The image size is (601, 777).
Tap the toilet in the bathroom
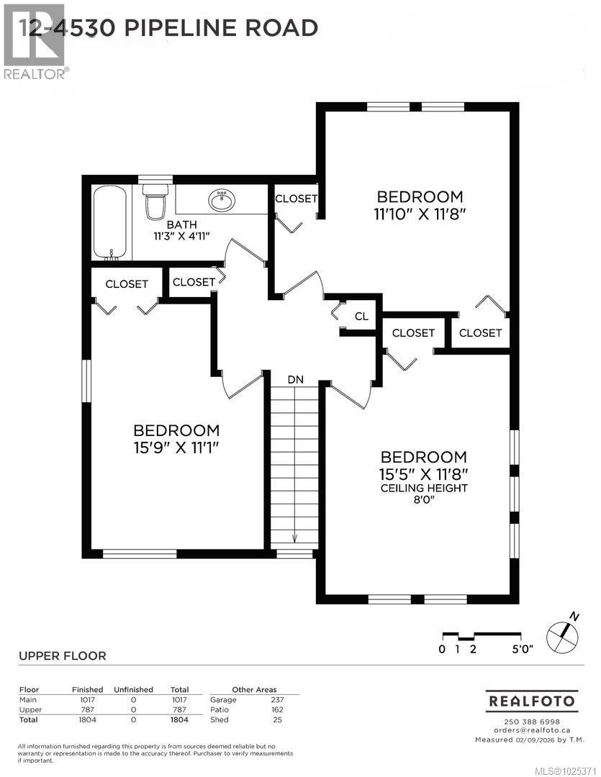coord(154,201)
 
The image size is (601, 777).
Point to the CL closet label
coord(361,317)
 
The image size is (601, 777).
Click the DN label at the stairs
coord(295,379)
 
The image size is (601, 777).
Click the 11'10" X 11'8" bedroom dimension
coord(420,214)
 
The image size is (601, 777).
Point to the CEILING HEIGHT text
coord(424,489)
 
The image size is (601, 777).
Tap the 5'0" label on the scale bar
coord(521,649)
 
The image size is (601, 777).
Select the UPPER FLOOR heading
coord(62,656)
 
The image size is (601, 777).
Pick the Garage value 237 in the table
coord(277,699)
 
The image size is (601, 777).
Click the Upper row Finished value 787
coord(87,709)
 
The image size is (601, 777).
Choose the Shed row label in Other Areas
coord(219,719)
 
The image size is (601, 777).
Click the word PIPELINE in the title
coord(191,28)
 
